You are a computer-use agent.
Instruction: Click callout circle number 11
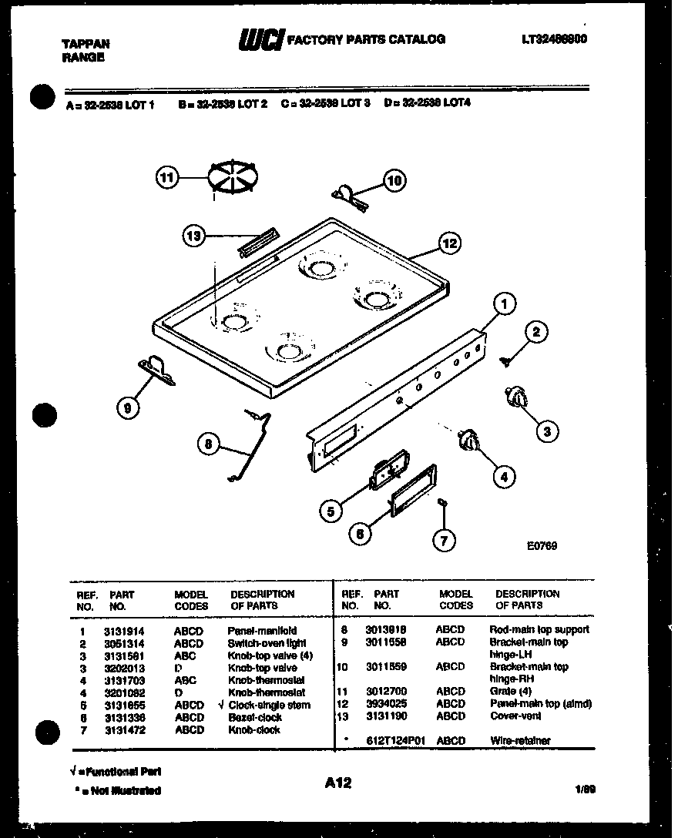coord(166,179)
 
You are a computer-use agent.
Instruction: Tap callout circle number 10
coord(394,181)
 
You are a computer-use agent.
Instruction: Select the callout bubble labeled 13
coord(195,236)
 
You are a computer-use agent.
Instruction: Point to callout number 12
coord(449,243)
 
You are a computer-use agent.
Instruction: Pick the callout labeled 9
coord(127,408)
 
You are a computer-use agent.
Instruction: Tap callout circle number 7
coord(442,541)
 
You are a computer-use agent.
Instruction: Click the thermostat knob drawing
coord(468,441)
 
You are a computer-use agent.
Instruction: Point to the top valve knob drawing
coord(515,397)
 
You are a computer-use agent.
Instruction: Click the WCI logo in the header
coord(261,40)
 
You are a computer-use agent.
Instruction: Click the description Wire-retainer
coord(520,741)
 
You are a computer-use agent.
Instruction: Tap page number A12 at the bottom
coord(337,783)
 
